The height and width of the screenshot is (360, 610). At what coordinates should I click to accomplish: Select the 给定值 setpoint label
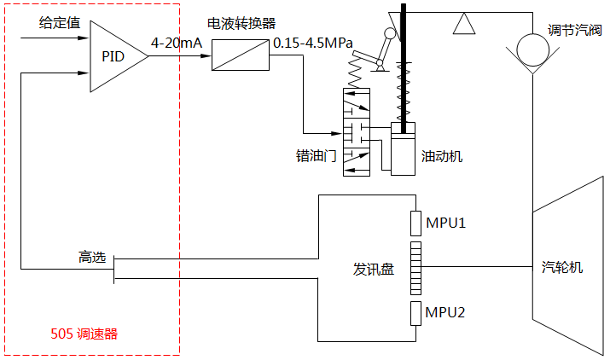tap(60, 23)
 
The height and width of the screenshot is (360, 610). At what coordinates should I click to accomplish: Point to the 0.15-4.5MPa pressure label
tap(313, 42)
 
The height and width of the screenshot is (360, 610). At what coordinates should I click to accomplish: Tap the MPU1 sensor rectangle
tap(415, 223)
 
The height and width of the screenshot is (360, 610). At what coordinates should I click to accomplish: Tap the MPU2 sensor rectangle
tap(415, 312)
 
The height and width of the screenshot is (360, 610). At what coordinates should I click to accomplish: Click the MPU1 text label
tap(445, 224)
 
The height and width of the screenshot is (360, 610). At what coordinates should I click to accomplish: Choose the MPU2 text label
tap(445, 313)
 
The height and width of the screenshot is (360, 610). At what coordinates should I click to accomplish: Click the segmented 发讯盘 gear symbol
tap(415, 268)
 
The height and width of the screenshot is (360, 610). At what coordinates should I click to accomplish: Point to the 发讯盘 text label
tap(374, 269)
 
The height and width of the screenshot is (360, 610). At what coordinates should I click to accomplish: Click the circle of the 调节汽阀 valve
tap(533, 56)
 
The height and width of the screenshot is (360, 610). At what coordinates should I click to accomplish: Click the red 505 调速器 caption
tap(84, 334)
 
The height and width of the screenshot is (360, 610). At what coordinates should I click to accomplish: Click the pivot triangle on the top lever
tap(463, 23)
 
